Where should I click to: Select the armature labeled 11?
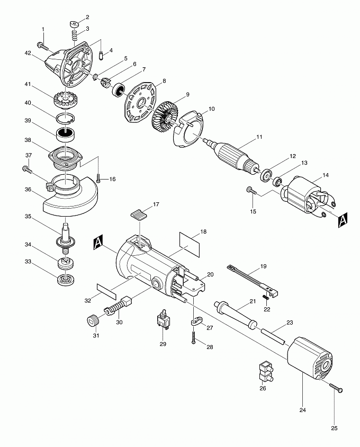click(232, 154)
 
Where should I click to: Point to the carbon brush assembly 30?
click(120, 307)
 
